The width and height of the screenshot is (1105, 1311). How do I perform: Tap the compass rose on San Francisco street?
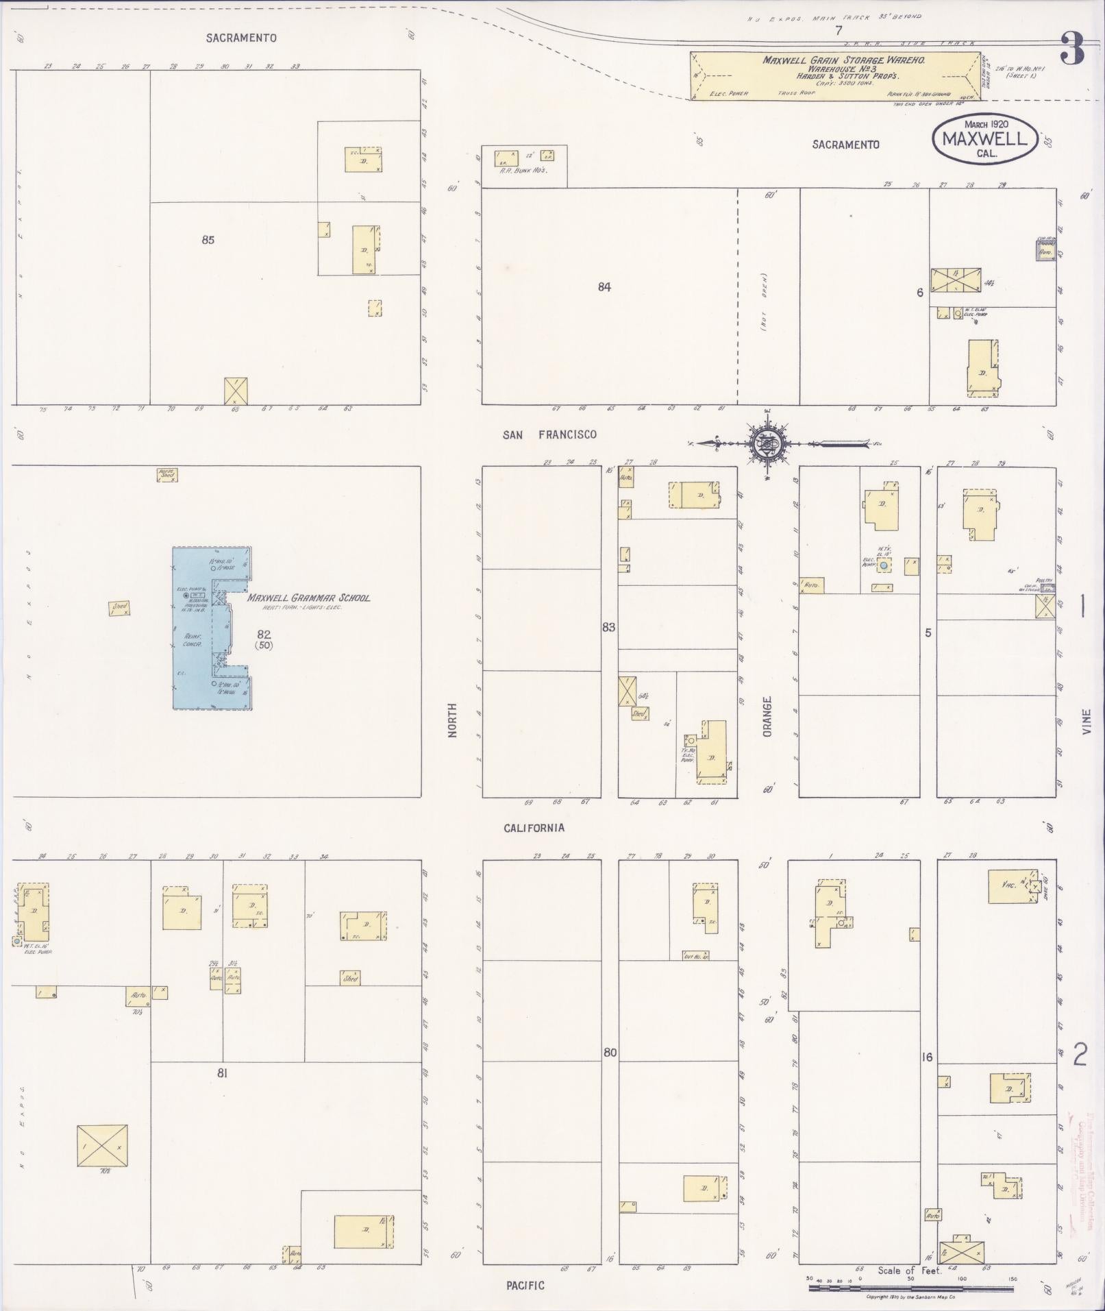coord(767,443)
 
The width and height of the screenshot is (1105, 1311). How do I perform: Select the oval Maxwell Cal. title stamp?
coord(984,138)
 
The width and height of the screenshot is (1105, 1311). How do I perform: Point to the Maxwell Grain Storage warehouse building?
coord(836,76)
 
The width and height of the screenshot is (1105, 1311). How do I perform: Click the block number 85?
coord(208,240)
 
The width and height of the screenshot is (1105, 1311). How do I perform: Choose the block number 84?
coord(604,287)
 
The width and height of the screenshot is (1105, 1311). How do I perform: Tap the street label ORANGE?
coord(767,717)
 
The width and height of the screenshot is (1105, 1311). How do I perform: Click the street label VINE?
coord(1086,722)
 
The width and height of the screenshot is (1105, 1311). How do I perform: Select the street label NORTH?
coord(452,720)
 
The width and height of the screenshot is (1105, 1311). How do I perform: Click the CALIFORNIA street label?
coord(534,828)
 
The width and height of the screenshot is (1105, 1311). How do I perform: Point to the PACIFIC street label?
coord(525,1285)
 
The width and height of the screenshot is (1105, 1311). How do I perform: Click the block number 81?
coord(222,1073)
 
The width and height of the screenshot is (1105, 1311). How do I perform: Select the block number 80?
coord(610,1052)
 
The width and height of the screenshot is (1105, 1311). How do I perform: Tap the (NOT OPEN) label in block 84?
coord(764,302)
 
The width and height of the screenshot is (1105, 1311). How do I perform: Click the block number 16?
coord(927,1057)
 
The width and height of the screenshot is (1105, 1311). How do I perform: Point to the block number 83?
coord(608,627)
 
